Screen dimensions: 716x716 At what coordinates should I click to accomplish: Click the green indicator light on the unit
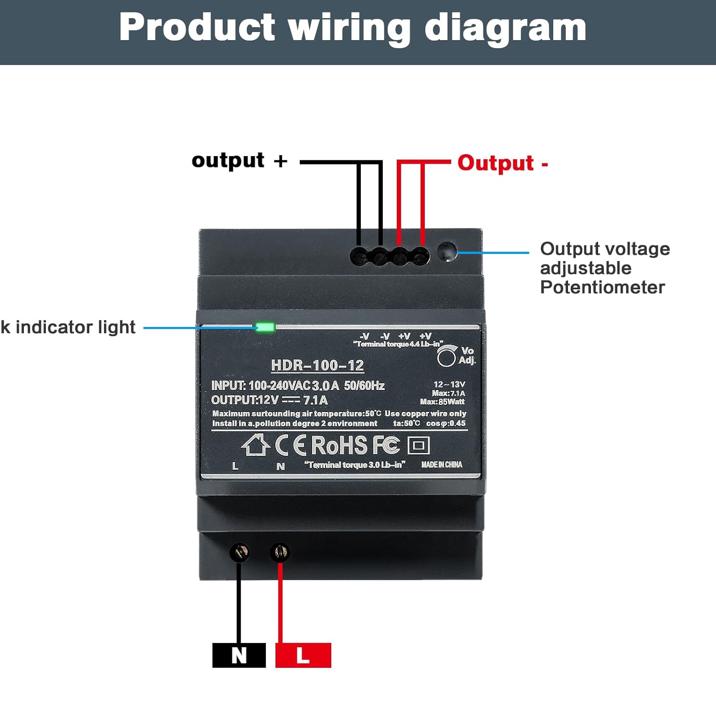click(265, 327)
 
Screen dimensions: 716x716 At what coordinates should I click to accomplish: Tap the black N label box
click(239, 655)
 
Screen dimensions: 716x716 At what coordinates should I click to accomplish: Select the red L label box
click(303, 655)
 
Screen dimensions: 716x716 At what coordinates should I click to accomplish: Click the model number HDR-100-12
click(317, 366)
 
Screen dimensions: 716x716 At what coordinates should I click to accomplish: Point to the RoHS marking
click(339, 446)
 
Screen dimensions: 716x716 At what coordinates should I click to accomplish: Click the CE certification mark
click(290, 446)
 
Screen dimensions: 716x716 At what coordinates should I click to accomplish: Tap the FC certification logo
click(386, 445)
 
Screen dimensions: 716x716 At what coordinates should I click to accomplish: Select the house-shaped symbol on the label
click(255, 445)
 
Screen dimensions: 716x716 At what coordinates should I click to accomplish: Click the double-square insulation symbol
click(419, 446)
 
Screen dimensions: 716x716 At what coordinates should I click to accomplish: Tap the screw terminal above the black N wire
click(239, 553)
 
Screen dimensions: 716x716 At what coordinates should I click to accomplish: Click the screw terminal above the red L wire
click(280, 553)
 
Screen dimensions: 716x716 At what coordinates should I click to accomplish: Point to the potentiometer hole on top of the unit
click(447, 252)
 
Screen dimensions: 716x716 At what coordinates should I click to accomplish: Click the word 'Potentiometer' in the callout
click(602, 287)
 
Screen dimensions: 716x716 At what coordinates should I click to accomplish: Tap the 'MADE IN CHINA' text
click(442, 464)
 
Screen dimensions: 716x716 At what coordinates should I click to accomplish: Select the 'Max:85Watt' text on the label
click(442, 402)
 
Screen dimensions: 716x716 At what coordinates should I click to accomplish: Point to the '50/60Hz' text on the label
click(364, 386)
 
